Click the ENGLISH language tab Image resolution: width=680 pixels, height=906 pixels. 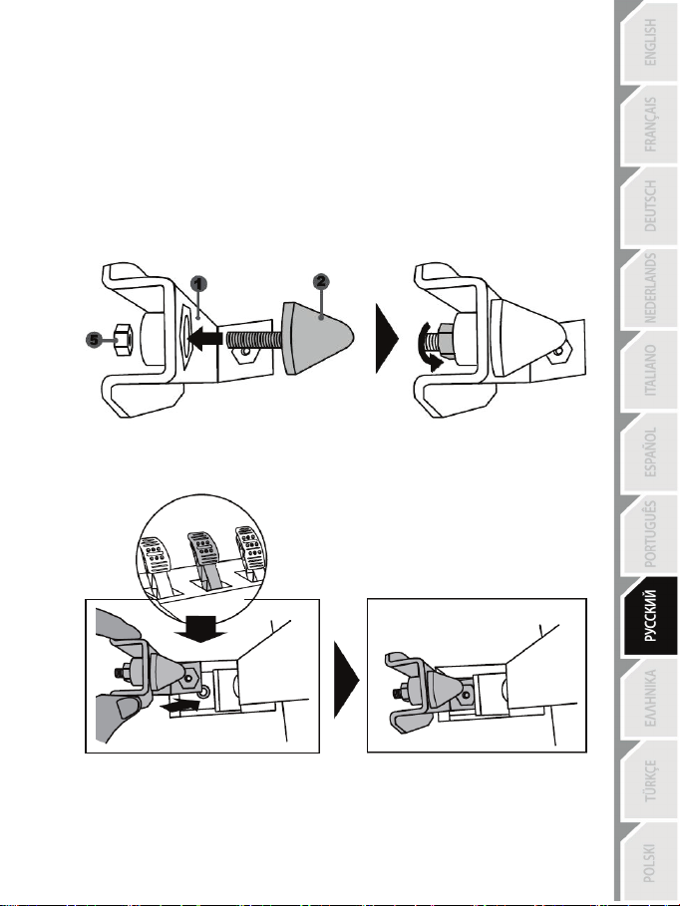point(649,42)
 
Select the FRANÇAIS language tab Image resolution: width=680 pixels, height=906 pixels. point(649,125)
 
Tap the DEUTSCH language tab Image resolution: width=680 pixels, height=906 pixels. point(649,206)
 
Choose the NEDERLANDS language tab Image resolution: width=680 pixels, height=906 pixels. point(649,288)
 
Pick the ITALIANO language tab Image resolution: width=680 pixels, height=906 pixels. point(649,371)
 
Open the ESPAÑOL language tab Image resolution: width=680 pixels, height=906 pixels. point(649,453)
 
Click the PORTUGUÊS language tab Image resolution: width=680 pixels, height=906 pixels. point(649,534)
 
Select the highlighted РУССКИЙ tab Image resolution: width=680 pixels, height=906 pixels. point(650,616)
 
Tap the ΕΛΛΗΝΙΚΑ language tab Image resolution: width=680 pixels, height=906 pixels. point(649,698)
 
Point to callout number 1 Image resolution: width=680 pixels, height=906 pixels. point(198,284)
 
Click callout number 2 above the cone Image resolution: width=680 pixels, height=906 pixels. point(321,282)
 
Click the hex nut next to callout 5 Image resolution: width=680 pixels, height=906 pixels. point(124,339)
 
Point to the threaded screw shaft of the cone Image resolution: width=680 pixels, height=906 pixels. point(254,339)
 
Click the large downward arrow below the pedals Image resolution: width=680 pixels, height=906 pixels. point(200,629)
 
